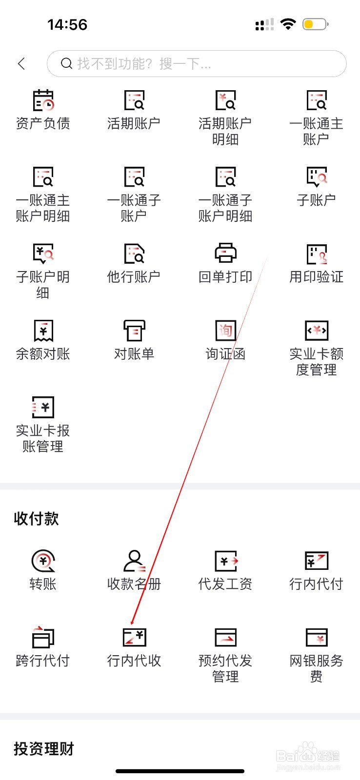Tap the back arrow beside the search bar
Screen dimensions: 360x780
coord(21,63)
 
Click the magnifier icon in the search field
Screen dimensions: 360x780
coord(66,63)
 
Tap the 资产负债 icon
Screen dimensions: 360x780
coord(43,100)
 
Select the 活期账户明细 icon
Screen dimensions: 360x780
coord(225,100)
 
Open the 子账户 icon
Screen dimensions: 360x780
coord(316,177)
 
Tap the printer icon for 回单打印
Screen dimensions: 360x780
coord(225,253)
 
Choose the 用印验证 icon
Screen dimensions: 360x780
coord(316,254)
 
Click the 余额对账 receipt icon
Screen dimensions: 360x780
coord(43,331)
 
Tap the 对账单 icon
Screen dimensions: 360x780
coord(134,331)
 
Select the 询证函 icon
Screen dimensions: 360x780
coord(225,331)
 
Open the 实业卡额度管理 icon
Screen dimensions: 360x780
coord(316,331)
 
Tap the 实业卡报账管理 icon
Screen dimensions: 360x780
coord(43,407)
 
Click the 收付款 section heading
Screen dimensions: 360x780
coord(37,519)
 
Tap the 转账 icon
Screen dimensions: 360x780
coord(43,561)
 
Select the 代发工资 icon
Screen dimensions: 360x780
coord(225,561)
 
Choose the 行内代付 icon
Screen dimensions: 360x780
coord(316,561)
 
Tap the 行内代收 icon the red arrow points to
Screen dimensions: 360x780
coord(134,637)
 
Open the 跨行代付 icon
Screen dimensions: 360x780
coord(43,637)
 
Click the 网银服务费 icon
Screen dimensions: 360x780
coord(316,637)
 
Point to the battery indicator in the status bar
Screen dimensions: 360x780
coord(315,24)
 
